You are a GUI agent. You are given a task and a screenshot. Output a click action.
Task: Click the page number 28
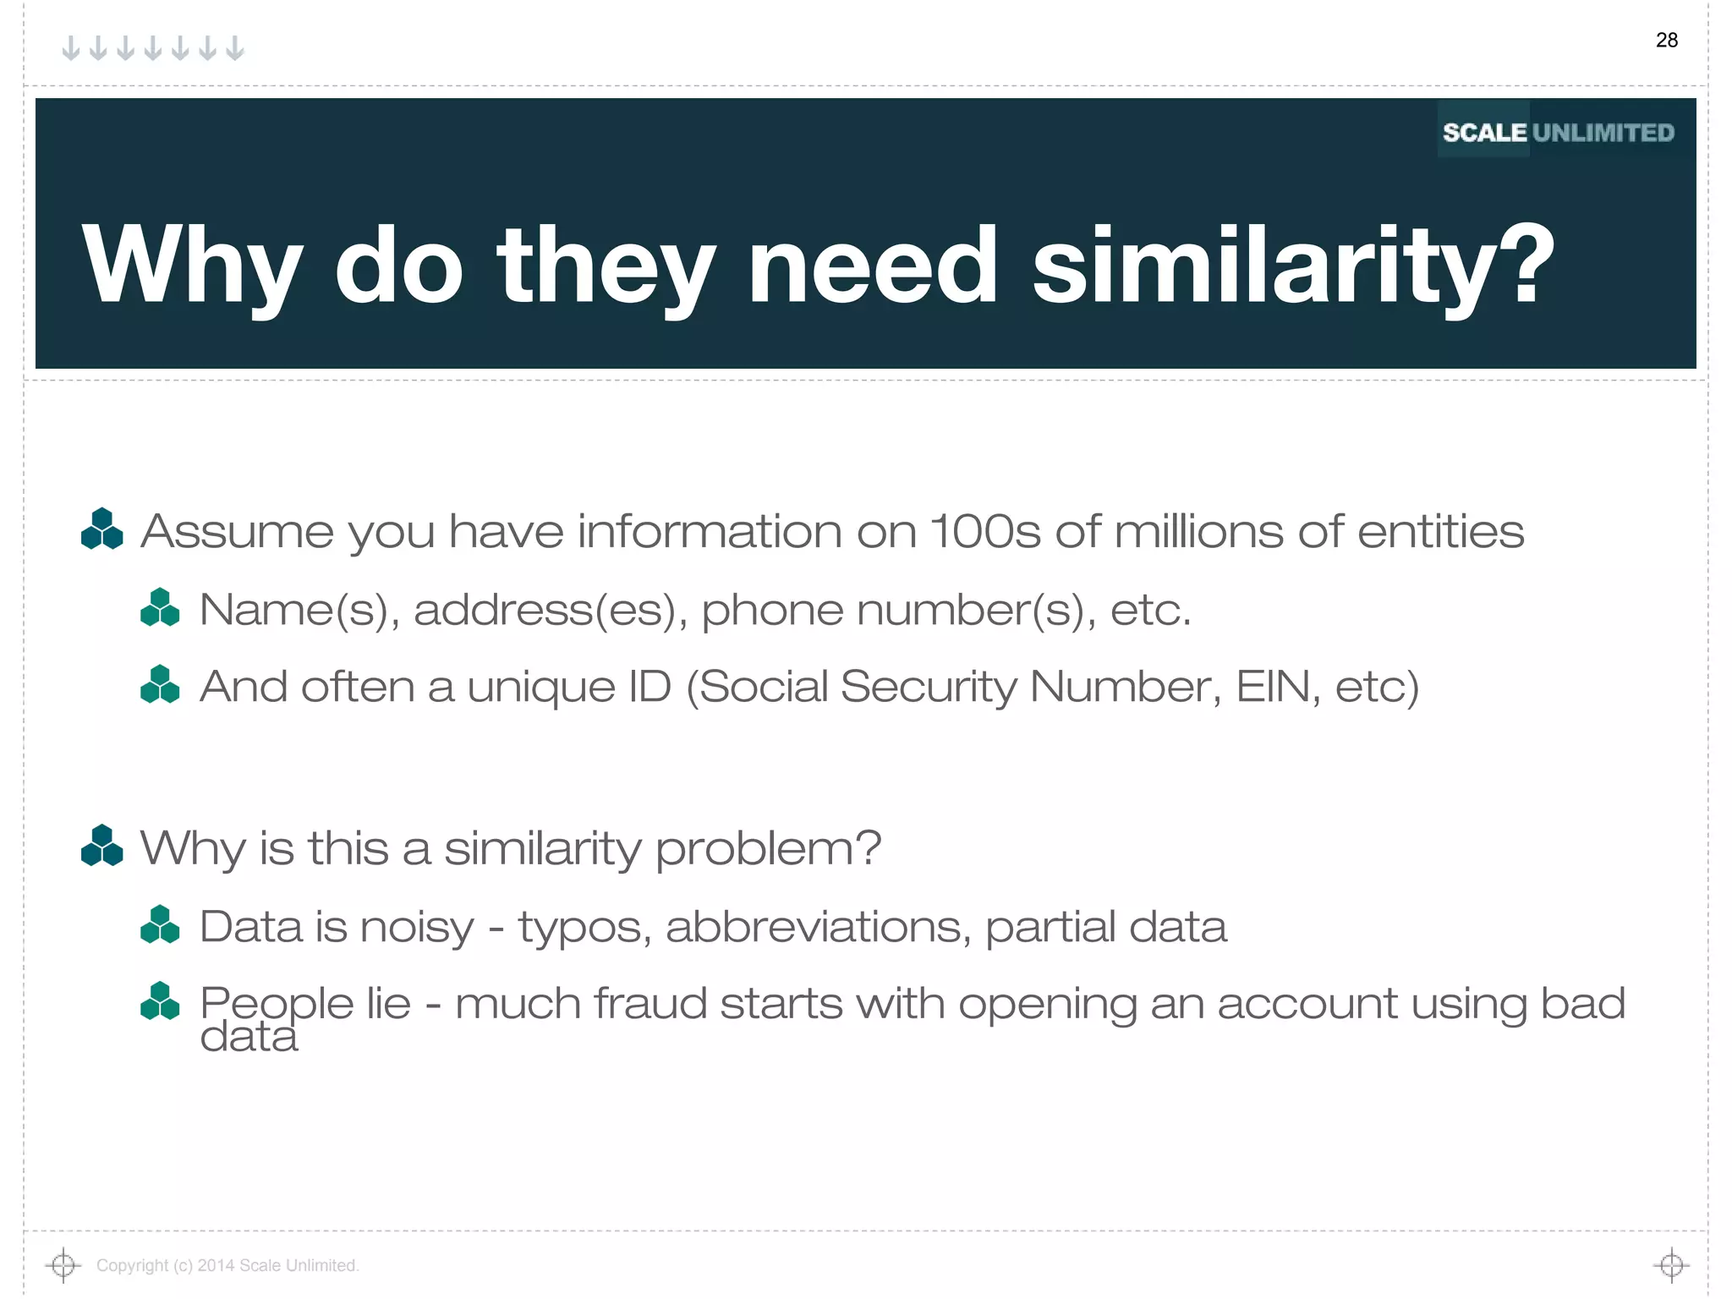tap(1666, 40)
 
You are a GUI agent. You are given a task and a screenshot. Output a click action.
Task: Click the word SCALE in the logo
tap(1484, 133)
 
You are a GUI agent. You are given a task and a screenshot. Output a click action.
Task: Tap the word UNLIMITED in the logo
tap(1603, 133)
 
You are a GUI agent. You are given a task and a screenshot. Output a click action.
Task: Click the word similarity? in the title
tap(1293, 266)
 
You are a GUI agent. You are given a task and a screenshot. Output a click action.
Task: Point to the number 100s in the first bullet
tap(984, 532)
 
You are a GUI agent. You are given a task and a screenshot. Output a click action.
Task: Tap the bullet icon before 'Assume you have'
tap(102, 529)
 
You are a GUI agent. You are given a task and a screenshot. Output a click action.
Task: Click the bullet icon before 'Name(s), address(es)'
tap(160, 608)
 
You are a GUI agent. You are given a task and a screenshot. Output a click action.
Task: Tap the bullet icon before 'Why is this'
tap(102, 846)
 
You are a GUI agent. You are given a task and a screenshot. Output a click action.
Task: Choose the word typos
tap(584, 928)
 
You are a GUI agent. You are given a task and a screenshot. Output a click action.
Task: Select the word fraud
tap(649, 1004)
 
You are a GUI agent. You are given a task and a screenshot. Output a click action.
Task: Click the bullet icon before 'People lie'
tap(160, 1002)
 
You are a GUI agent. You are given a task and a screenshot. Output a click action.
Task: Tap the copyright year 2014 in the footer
tap(216, 1265)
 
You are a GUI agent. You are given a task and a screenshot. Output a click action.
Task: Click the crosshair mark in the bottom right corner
tap(1671, 1265)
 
